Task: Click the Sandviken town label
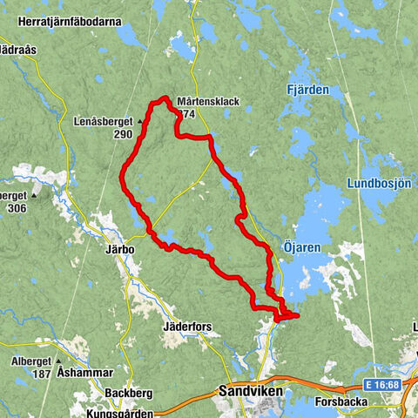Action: pyautogui.click(x=246, y=392)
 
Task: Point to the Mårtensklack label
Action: pyautogui.click(x=207, y=101)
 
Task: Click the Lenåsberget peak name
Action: pyautogui.click(x=104, y=121)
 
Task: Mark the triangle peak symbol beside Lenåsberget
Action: pyautogui.click(x=139, y=121)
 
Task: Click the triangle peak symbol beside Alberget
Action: pyautogui.click(x=58, y=360)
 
